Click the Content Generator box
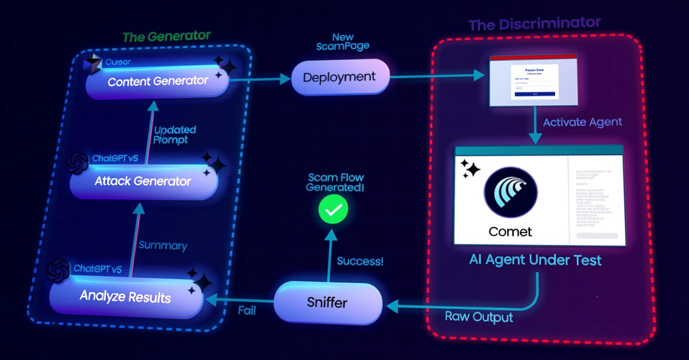click(x=158, y=82)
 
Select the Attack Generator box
click(x=143, y=181)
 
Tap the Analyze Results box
click(x=125, y=296)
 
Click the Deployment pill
click(x=340, y=77)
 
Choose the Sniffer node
click(x=327, y=302)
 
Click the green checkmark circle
click(x=333, y=210)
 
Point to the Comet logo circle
click(x=510, y=192)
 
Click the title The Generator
click(x=166, y=37)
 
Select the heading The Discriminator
click(x=534, y=23)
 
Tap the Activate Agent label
click(x=582, y=122)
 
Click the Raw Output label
click(x=479, y=316)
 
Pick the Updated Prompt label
click(x=174, y=135)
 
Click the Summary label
click(x=163, y=245)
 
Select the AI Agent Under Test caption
click(x=535, y=260)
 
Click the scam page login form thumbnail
click(x=533, y=80)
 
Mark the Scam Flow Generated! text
click(x=335, y=182)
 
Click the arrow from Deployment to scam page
click(x=436, y=76)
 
